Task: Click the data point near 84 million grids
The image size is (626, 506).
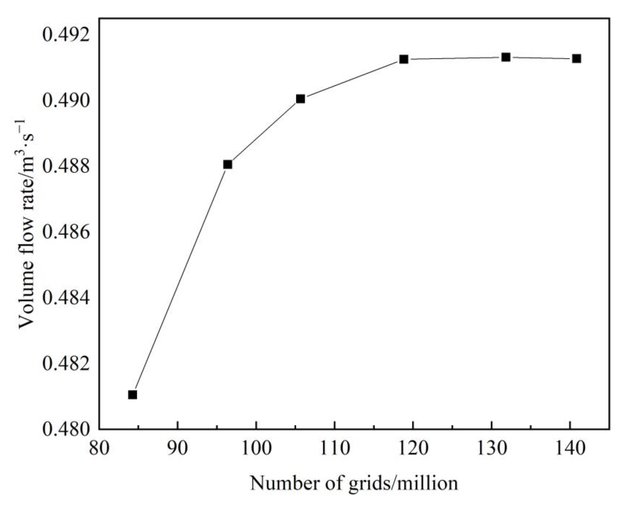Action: (x=132, y=395)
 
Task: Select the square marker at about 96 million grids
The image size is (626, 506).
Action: (x=228, y=164)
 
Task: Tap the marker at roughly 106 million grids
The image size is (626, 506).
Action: (x=300, y=99)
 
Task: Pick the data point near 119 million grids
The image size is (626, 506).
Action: (x=404, y=59)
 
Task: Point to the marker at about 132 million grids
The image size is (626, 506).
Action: (x=506, y=57)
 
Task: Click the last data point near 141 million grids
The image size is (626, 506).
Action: (x=576, y=59)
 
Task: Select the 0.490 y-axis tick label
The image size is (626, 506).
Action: (x=65, y=101)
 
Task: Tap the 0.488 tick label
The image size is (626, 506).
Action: (x=65, y=167)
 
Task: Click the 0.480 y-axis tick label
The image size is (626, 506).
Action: (x=65, y=430)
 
